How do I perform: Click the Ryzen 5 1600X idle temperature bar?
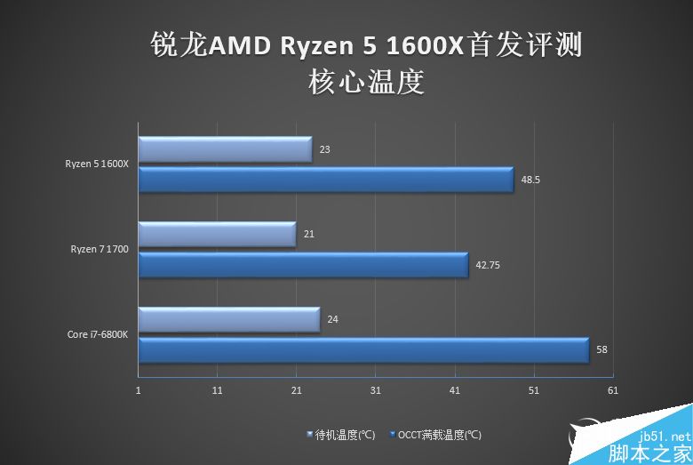click(225, 149)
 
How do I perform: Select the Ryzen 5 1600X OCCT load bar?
click(326, 180)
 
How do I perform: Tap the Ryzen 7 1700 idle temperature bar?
click(217, 235)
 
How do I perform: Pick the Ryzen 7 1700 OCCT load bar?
click(303, 265)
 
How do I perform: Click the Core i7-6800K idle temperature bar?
click(228, 319)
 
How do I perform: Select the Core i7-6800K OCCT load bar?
click(363, 350)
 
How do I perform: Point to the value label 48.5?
click(530, 180)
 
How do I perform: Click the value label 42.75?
click(487, 265)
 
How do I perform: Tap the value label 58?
click(601, 350)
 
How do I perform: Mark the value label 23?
click(324, 149)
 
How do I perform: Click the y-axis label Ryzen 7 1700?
click(100, 250)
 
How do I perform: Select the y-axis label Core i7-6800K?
click(97, 335)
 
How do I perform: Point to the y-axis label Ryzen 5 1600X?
click(97, 164)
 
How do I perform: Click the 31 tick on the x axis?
click(375, 390)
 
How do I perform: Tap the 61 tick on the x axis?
click(612, 390)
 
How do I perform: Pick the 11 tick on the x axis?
click(218, 390)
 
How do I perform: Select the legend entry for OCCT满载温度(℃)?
click(434, 436)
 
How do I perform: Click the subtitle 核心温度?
click(365, 83)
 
